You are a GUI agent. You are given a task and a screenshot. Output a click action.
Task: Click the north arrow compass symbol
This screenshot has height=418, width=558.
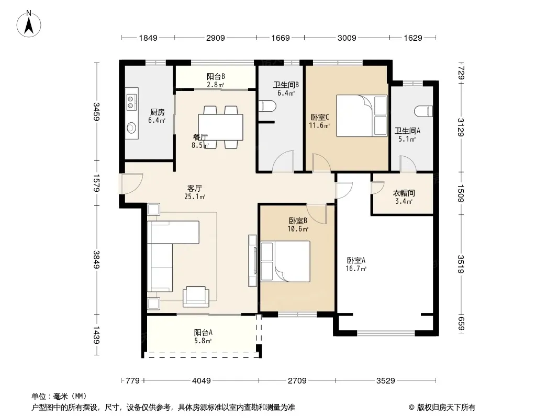[29, 24]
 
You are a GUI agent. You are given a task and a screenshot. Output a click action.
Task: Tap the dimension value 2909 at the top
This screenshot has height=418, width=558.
[215, 38]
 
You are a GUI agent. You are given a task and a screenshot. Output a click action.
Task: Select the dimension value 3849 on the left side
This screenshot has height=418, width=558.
[96, 260]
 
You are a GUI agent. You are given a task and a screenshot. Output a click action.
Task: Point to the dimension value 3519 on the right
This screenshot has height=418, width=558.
[461, 264]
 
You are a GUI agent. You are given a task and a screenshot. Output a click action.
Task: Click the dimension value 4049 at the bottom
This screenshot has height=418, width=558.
[202, 381]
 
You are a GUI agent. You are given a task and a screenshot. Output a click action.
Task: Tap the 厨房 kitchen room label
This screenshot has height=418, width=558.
[157, 112]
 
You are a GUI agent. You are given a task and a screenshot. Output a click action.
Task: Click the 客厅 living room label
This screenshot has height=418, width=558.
[195, 188]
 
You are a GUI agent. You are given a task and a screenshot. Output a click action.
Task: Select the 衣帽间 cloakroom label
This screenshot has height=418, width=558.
[404, 193]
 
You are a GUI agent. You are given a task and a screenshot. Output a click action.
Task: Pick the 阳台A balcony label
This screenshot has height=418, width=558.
[203, 332]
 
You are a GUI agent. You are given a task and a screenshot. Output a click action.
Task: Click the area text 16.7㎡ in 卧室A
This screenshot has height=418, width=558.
[356, 269]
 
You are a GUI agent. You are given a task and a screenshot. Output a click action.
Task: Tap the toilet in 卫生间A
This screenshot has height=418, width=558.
[423, 111]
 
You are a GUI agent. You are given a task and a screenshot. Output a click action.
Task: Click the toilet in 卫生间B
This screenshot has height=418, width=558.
[267, 106]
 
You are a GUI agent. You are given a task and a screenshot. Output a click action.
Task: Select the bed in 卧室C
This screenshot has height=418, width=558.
[362, 115]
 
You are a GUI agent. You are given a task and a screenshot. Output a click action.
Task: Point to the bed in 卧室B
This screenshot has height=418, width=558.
[285, 261]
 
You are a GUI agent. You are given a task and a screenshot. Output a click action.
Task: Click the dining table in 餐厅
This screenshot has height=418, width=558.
[221, 127]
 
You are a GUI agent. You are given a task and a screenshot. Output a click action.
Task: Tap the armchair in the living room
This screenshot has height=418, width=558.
[196, 297]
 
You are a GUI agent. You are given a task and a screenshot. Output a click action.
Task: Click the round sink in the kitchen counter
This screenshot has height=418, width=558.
[131, 127]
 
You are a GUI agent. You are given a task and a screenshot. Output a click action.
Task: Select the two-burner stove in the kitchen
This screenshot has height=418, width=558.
[131, 101]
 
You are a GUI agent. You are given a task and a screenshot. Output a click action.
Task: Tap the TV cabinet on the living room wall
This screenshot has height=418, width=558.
[253, 261]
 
